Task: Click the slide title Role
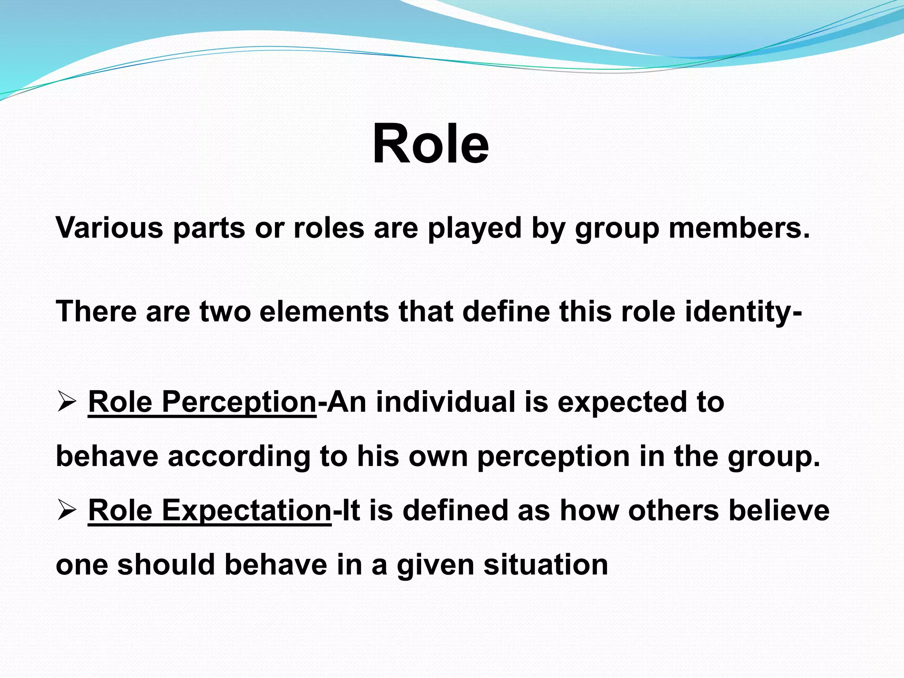[430, 143]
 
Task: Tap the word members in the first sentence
[739, 228]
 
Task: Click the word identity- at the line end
[744, 312]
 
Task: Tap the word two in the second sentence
[225, 312]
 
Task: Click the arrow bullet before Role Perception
[67, 403]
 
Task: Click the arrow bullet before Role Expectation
[67, 511]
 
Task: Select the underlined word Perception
[239, 403]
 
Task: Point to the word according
[239, 457]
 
